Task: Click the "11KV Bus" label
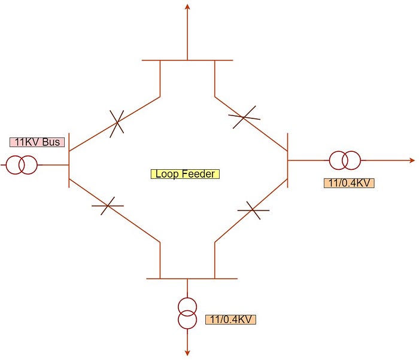click(x=37, y=142)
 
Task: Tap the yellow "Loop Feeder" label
click(x=185, y=174)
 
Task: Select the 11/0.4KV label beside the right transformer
click(x=349, y=183)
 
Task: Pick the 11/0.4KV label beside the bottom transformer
click(x=230, y=319)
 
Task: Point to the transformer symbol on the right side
click(x=345, y=160)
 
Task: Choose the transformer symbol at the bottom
click(x=187, y=313)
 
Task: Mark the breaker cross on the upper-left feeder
click(x=117, y=122)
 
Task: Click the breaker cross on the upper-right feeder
click(x=244, y=117)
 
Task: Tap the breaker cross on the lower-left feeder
click(x=107, y=206)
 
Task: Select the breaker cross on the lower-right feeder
click(x=253, y=210)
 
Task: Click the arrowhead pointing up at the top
click(x=187, y=7)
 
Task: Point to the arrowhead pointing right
click(x=412, y=160)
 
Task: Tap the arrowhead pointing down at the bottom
click(x=187, y=352)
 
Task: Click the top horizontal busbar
click(x=187, y=60)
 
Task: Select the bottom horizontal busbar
click(x=192, y=279)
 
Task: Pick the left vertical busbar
click(x=69, y=160)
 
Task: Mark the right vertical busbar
click(x=287, y=160)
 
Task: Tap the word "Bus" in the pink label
click(x=51, y=142)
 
